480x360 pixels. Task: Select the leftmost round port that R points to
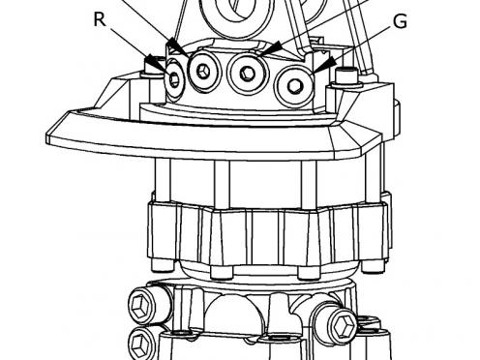click(174, 79)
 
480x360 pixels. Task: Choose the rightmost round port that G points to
click(294, 84)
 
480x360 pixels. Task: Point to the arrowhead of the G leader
click(318, 65)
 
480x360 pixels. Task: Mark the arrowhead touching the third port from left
click(270, 48)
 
